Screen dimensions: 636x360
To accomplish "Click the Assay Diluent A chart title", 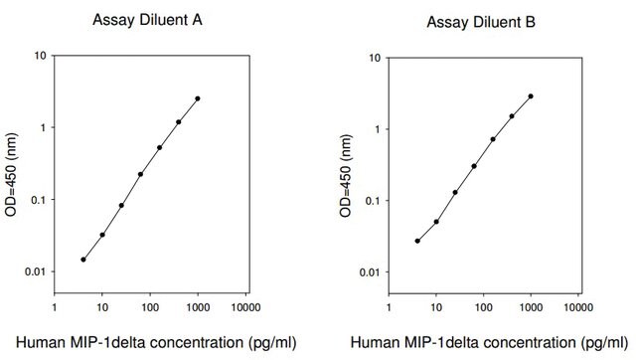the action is pos(147,20).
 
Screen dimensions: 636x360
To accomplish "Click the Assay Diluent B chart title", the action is pos(481,22).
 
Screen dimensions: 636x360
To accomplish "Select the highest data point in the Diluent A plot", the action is pos(198,98).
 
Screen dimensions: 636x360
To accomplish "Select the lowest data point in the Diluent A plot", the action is pos(83,260).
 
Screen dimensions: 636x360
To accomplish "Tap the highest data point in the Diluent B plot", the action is pos(531,96).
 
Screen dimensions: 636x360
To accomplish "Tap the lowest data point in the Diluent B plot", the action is pos(417,241).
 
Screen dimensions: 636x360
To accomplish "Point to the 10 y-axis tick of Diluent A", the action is pos(40,56).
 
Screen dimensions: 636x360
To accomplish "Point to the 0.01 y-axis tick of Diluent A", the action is pos(36,271).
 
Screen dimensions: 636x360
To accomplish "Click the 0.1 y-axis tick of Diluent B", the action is pos(373,201).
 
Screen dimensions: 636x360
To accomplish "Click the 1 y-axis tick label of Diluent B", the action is pos(378,129).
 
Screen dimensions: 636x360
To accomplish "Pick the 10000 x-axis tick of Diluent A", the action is pos(245,307).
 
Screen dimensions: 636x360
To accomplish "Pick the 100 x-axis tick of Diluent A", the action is pos(150,307).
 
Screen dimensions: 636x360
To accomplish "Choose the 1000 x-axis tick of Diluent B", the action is pos(531,307).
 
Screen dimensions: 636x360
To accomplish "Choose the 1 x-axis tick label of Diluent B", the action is pos(389,307).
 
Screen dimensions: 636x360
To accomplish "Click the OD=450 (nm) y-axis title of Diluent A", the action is pos(11,175).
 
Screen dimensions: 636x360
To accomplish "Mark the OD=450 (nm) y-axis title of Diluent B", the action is pos(346,176).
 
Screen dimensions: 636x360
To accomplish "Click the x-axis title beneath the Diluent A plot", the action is pos(156,343).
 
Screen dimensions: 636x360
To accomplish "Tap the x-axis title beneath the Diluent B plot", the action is pos(490,343).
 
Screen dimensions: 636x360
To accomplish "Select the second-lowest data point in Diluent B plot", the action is pos(436,222).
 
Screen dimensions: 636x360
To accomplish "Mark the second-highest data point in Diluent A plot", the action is pos(179,121).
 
